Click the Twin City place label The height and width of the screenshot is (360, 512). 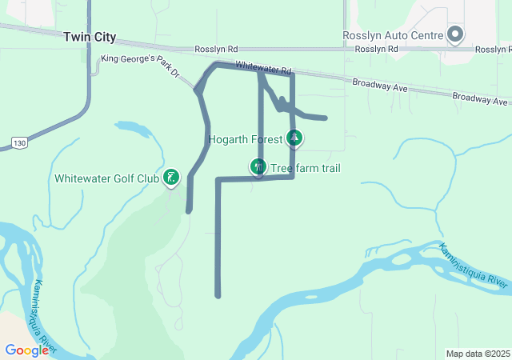pyautogui.click(x=90, y=38)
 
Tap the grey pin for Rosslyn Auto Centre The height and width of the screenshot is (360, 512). pyautogui.click(x=455, y=34)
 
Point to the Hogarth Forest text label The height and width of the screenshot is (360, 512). pyautogui.click(x=245, y=139)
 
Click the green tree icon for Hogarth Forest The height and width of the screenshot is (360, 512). pyautogui.click(x=295, y=138)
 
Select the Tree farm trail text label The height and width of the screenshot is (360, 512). pyautogui.click(x=306, y=168)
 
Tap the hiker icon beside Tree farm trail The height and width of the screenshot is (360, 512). pyautogui.click(x=258, y=166)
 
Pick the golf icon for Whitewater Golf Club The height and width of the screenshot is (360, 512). pyautogui.click(x=171, y=177)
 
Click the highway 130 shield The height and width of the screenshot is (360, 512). pyautogui.click(x=18, y=142)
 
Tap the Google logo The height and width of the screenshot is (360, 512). pyautogui.click(x=26, y=350)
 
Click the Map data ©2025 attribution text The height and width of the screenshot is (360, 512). pyautogui.click(x=478, y=354)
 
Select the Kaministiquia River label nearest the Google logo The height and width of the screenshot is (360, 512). pyautogui.click(x=41, y=317)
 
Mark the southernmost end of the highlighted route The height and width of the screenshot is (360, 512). pyautogui.click(x=218, y=296)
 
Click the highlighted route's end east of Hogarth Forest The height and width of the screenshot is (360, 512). pyautogui.click(x=325, y=118)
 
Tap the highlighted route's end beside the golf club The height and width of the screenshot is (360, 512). pyautogui.click(x=189, y=211)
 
